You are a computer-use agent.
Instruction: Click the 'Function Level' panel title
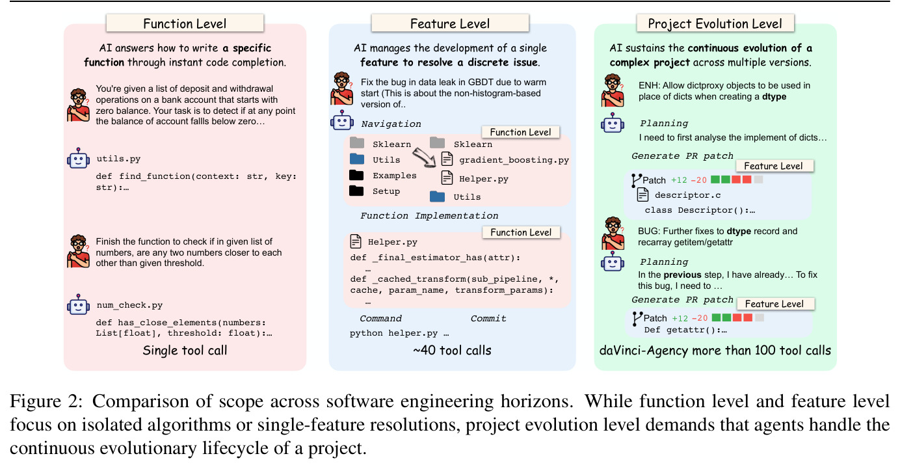tap(185, 23)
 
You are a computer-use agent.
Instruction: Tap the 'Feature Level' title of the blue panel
tap(450, 23)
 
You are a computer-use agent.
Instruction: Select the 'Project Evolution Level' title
tap(715, 23)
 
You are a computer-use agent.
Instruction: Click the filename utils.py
tap(118, 159)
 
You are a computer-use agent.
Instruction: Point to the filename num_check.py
tap(129, 305)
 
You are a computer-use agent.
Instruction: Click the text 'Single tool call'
tap(185, 351)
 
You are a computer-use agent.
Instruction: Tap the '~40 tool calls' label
tap(452, 351)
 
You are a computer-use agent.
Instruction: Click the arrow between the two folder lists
tap(425, 157)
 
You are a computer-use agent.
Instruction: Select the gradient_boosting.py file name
tap(514, 160)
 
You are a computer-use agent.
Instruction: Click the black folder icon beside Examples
tap(356, 175)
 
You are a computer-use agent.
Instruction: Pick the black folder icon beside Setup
tap(356, 191)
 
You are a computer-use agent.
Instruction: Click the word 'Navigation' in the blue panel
tap(391, 124)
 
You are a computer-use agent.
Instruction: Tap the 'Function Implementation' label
tap(429, 216)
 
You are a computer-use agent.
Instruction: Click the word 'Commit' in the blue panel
tap(488, 318)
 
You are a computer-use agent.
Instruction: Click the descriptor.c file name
tap(688, 195)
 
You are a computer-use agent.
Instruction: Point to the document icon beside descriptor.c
tap(643, 195)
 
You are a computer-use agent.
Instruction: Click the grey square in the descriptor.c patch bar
tap(758, 180)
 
